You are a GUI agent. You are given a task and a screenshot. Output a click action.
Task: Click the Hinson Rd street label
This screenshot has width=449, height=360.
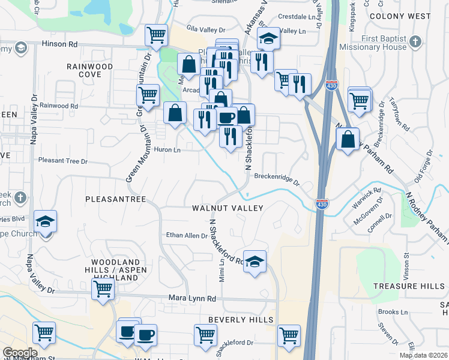pyautogui.click(x=60, y=44)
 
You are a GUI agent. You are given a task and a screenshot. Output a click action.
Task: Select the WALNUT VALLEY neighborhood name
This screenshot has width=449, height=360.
pyautogui.click(x=228, y=208)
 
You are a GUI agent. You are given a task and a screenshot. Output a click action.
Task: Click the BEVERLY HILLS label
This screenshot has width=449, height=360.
pyautogui.click(x=241, y=320)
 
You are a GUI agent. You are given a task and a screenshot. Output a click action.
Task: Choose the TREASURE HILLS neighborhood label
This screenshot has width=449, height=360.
pyautogui.click(x=408, y=286)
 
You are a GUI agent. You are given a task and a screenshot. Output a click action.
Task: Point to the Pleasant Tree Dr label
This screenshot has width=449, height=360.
pyautogui.click(x=63, y=161)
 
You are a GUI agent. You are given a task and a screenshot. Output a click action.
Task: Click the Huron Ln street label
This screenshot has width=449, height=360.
pyautogui.click(x=167, y=149)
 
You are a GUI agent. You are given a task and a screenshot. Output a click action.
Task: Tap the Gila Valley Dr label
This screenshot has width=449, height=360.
pyautogui.click(x=205, y=29)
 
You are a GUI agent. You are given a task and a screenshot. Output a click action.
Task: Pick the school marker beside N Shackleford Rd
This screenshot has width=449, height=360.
pyautogui.click(x=255, y=262)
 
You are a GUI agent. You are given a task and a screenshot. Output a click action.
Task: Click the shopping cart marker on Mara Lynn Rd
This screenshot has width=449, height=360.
pyautogui.click(x=103, y=289)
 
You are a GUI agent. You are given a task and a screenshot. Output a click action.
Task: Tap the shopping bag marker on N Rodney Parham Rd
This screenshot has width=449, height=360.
pyautogui.click(x=348, y=140)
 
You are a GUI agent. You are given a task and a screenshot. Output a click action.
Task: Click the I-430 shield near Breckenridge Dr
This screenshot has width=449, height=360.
pyautogui.click(x=322, y=204)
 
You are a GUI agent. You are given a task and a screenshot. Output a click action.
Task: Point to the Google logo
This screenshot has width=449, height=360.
pyautogui.click(x=20, y=353)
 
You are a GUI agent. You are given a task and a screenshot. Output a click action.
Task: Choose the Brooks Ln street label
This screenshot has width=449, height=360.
pyautogui.click(x=393, y=312)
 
